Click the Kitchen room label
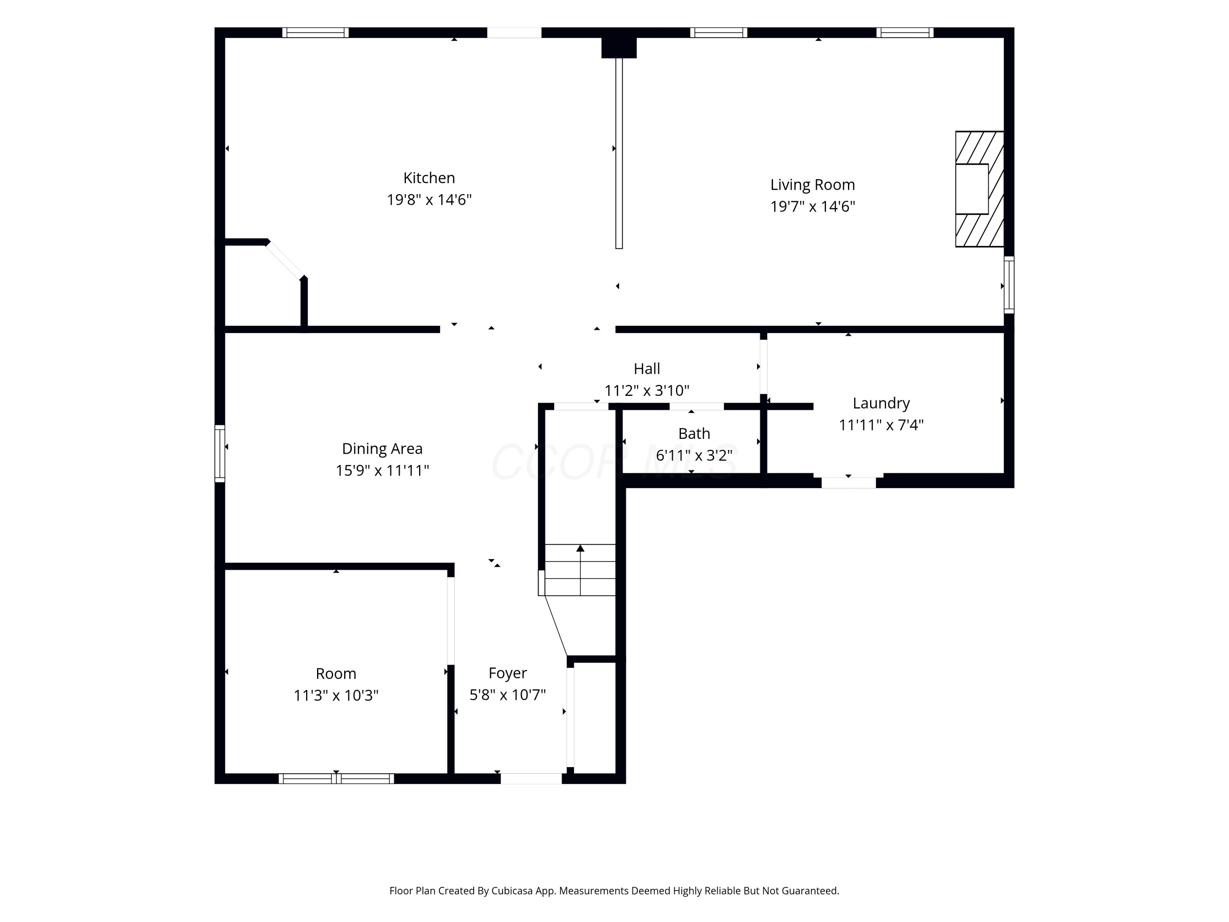pos(429,178)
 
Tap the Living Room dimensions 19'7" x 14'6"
pos(812,206)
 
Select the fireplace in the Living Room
pos(980,189)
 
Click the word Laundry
pos(881,404)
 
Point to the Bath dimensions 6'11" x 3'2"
pos(694,455)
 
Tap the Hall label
pos(647,368)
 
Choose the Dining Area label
pos(382,448)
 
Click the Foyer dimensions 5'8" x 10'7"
pos(508,695)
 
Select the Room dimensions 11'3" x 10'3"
pos(336,695)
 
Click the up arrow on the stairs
pos(580,570)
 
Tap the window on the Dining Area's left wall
pos(220,454)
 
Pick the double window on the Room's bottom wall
pos(336,779)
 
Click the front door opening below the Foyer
pos(531,779)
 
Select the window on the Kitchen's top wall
pos(315,33)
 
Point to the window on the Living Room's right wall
pos(1009,284)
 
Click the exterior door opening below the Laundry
pos(848,482)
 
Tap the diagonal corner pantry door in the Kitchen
pos(284,259)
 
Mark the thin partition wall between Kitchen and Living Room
pos(619,153)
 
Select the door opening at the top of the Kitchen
pos(515,33)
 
